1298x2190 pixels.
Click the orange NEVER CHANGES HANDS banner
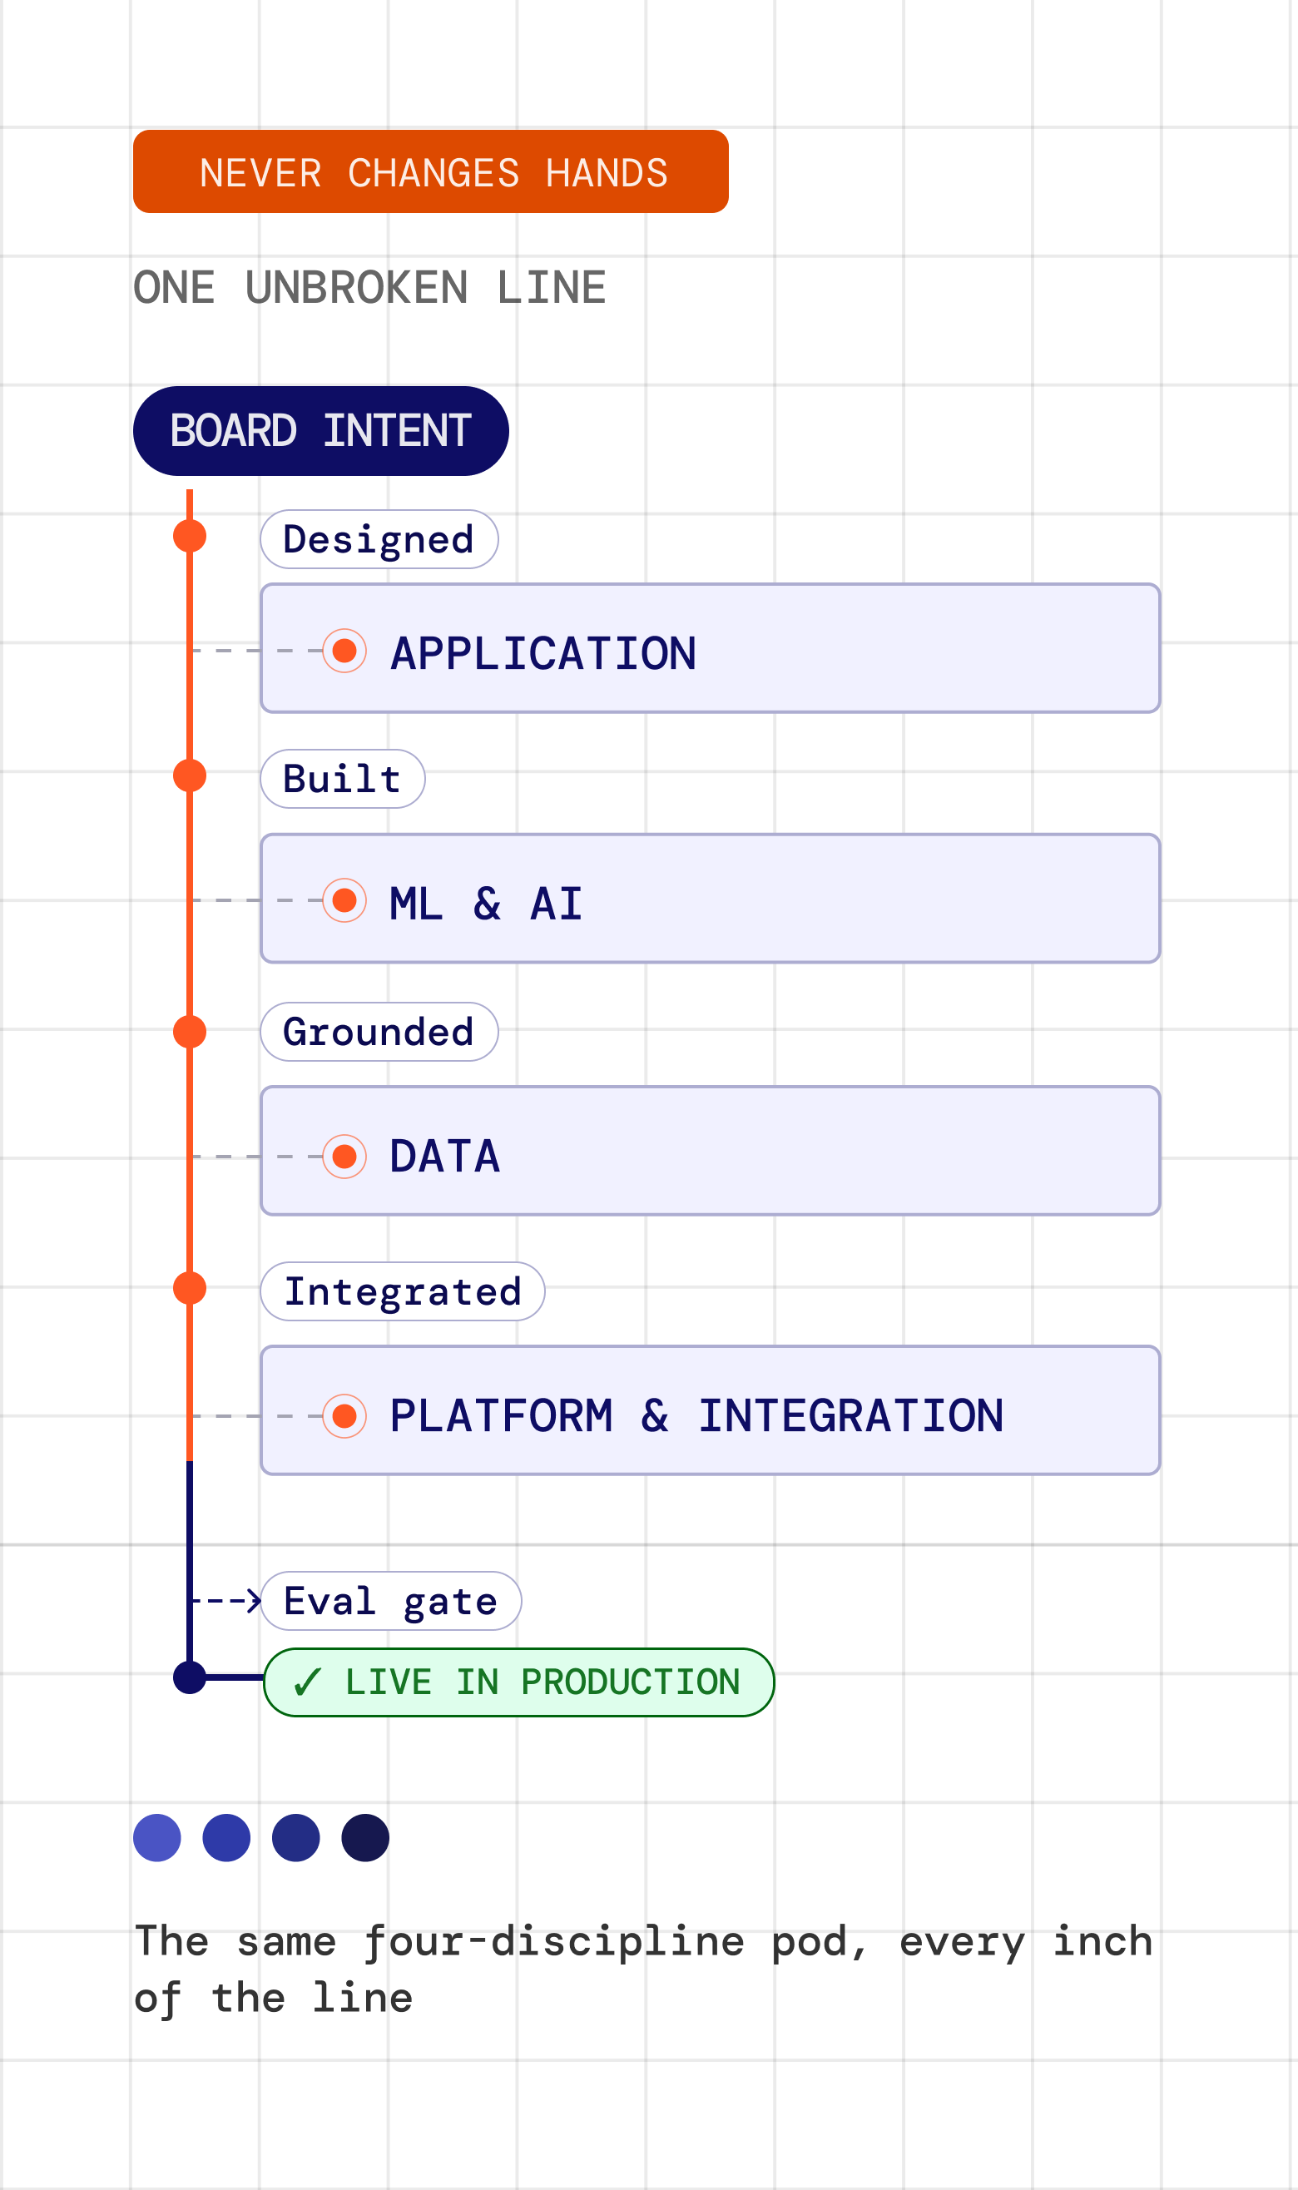(x=430, y=171)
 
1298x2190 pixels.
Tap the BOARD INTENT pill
(x=321, y=430)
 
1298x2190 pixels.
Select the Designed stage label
(x=379, y=538)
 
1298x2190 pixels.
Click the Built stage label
(x=343, y=778)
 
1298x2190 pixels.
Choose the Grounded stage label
(x=379, y=1031)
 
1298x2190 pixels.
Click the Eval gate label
(x=391, y=1601)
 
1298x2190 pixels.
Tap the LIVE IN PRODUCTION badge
(x=518, y=1682)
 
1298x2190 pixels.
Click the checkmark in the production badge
(x=308, y=1682)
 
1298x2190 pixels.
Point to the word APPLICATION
(x=543, y=653)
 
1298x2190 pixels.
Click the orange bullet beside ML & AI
(x=344, y=900)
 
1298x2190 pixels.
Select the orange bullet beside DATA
(x=344, y=1157)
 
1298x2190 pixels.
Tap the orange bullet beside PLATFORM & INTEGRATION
(x=344, y=1416)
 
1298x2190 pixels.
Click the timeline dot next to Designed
(x=190, y=536)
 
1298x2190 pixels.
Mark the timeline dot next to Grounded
(x=190, y=1032)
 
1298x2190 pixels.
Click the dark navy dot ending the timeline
(x=190, y=1677)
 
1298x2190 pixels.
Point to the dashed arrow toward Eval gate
(x=225, y=1601)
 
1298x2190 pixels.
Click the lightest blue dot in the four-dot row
(x=157, y=1837)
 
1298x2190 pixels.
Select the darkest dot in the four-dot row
(x=365, y=1837)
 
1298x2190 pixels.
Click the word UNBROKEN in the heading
(x=357, y=288)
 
